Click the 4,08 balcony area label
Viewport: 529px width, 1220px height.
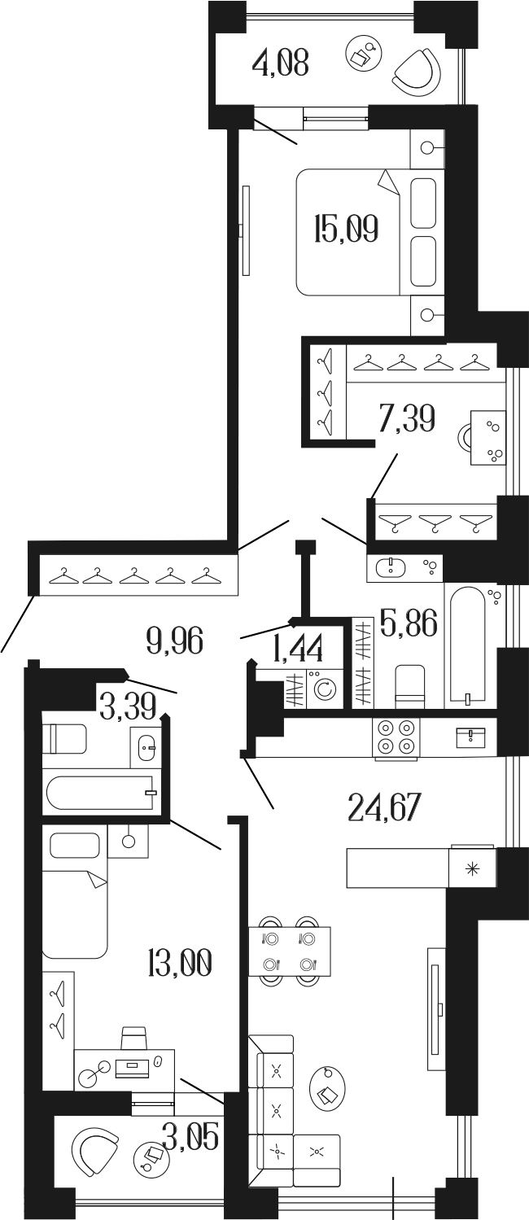tap(281, 63)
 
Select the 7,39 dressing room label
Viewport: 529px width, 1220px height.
tap(406, 420)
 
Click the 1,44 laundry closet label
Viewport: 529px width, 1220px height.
tap(299, 649)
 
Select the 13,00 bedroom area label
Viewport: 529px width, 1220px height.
tap(180, 964)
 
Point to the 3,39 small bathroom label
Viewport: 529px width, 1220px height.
tap(128, 705)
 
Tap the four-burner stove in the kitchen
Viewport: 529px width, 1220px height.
tap(396, 737)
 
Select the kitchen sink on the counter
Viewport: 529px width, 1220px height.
tap(470, 737)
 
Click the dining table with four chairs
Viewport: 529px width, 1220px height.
tap(290, 951)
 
